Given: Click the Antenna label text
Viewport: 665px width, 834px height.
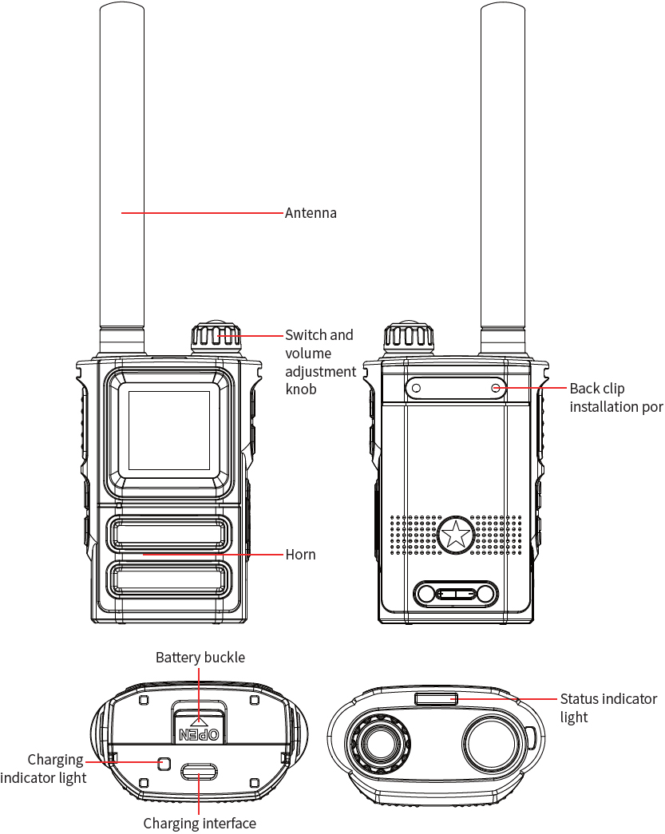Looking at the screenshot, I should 311,213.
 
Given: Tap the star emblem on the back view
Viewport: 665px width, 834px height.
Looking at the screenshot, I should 456,534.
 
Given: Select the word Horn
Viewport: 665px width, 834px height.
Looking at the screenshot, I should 300,555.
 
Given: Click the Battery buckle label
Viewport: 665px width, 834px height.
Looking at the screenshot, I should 200,658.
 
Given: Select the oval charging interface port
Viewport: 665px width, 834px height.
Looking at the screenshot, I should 199,772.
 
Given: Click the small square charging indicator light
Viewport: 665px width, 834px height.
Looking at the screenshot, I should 164,762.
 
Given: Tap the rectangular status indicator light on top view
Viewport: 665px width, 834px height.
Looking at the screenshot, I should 436,699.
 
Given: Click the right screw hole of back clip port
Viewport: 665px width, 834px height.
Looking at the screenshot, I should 496,389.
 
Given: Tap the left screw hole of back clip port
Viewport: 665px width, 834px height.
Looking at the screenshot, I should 415,389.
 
